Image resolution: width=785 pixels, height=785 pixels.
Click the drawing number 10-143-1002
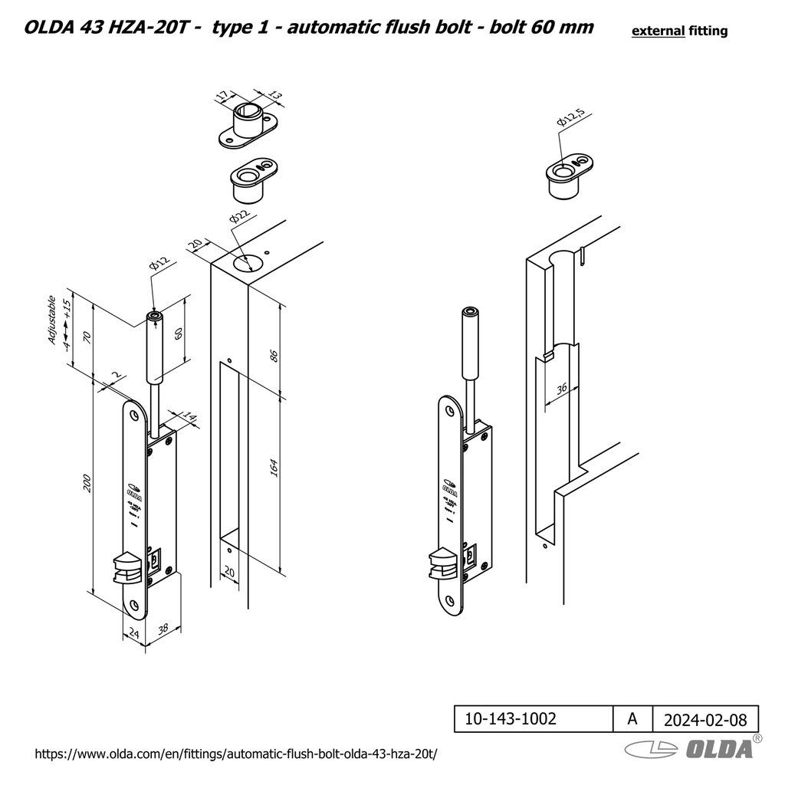(x=511, y=719)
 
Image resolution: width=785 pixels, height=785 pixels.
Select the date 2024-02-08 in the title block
(x=705, y=719)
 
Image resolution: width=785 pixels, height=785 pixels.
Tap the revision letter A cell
(x=632, y=719)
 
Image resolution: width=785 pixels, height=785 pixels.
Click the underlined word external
(x=657, y=31)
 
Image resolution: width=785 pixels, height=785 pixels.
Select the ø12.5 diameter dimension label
(x=571, y=118)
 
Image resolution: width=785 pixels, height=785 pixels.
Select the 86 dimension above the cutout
(x=274, y=355)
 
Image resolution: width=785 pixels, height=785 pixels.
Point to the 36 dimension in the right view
(x=562, y=388)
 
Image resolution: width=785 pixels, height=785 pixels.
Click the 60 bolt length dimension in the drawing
(x=179, y=334)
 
